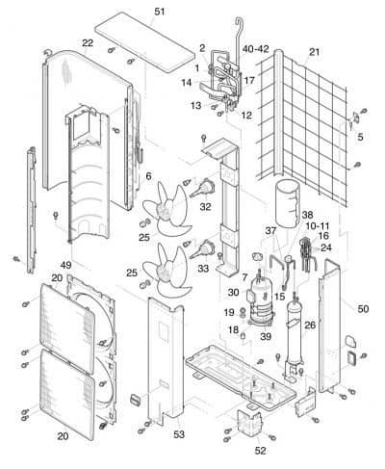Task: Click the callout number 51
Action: (160, 12)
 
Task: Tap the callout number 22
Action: (88, 42)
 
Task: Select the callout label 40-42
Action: (256, 49)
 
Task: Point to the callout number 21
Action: (315, 51)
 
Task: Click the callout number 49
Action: (65, 265)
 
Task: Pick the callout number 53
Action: (179, 434)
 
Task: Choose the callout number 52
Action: (260, 451)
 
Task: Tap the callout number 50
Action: (363, 309)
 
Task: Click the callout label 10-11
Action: (318, 226)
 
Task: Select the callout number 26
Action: (310, 326)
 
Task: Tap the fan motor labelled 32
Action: (203, 187)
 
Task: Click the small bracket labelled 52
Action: (248, 423)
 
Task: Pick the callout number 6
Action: (148, 176)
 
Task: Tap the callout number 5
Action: (360, 137)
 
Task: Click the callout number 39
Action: (266, 336)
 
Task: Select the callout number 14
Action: (187, 83)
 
